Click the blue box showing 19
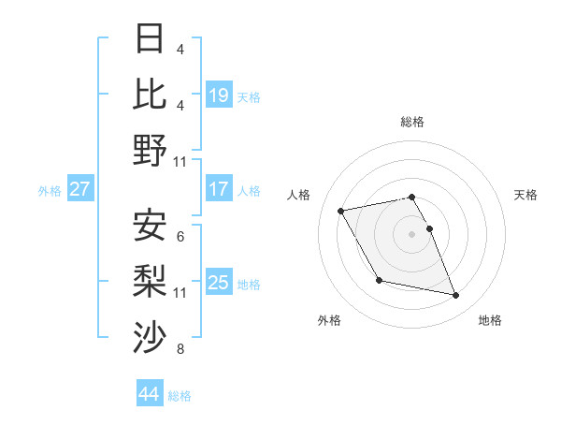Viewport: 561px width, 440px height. coord(219,95)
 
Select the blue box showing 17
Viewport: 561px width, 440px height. coord(219,189)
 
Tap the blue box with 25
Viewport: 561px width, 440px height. coord(219,283)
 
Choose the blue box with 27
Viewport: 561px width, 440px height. coord(80,189)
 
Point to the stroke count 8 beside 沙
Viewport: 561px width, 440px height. coord(180,351)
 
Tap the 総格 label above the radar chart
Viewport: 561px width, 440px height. coord(412,122)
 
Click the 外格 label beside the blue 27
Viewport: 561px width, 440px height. coord(50,191)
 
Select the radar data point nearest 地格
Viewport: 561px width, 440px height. coord(456,296)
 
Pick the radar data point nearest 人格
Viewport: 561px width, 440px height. coord(341,210)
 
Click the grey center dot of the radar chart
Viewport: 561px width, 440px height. coord(412,233)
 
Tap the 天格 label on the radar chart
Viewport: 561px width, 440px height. coord(526,195)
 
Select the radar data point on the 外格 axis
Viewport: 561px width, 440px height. coord(379,280)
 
